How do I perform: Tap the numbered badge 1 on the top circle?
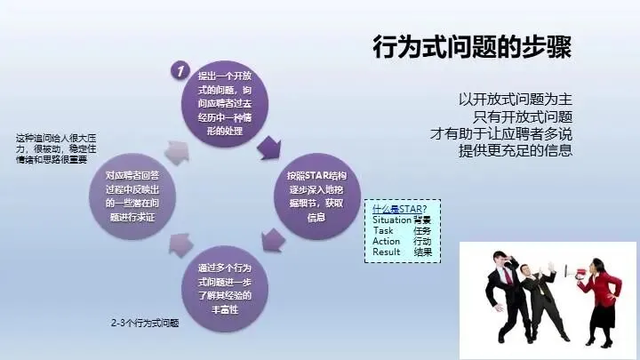180,69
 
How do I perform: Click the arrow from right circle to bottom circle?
274,238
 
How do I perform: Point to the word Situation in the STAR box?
392,220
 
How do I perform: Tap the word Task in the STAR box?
383,230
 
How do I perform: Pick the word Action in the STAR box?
387,241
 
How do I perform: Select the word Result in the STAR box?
387,252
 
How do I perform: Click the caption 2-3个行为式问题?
145,320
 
